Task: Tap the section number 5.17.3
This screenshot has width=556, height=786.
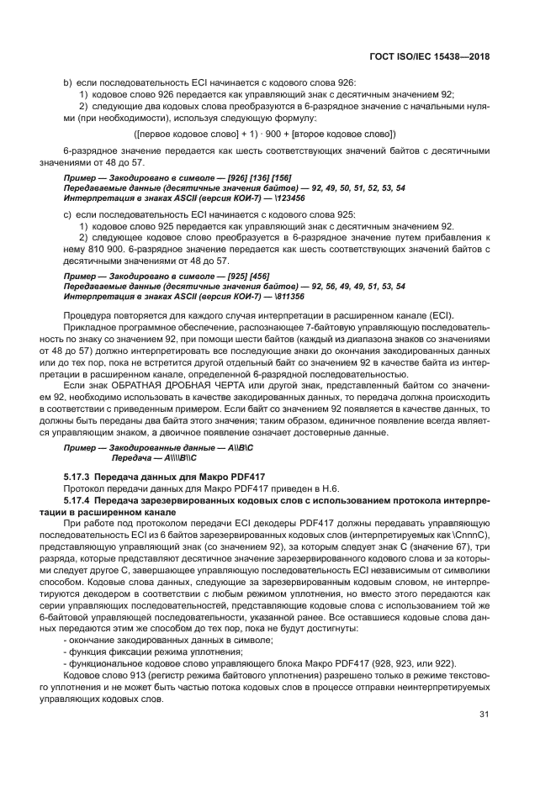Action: tap(79, 477)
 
